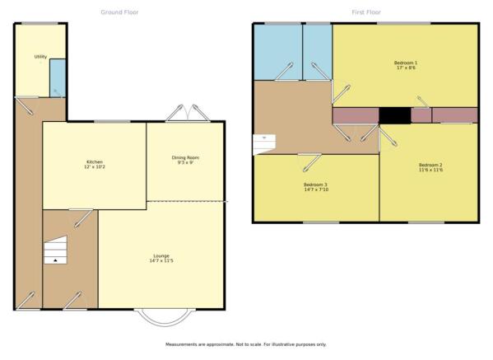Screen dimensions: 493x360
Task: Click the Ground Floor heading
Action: pos(119,12)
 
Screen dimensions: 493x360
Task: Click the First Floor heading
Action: pos(366,12)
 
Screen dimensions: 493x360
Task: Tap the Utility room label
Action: pos(40,57)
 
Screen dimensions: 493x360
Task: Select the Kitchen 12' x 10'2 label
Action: pos(95,164)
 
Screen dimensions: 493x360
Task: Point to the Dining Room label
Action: pos(185,160)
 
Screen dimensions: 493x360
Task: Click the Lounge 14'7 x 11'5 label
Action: pos(161,258)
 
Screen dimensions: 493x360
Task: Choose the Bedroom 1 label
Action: pos(406,65)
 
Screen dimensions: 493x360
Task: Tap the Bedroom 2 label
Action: pos(430,167)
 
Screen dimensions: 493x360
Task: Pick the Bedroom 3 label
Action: pos(316,187)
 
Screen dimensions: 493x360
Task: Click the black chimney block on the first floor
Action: pos(394,115)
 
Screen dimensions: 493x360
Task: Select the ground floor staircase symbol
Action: pos(55,250)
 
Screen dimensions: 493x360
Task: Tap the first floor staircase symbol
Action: pos(264,144)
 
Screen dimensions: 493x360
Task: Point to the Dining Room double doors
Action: pos(188,113)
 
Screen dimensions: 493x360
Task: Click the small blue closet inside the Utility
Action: pos(58,78)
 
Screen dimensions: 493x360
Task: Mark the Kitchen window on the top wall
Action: pos(112,121)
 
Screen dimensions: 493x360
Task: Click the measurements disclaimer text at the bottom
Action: pos(246,344)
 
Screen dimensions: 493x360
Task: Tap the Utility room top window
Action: pos(40,23)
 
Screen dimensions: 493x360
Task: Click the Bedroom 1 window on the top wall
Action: pos(404,23)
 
